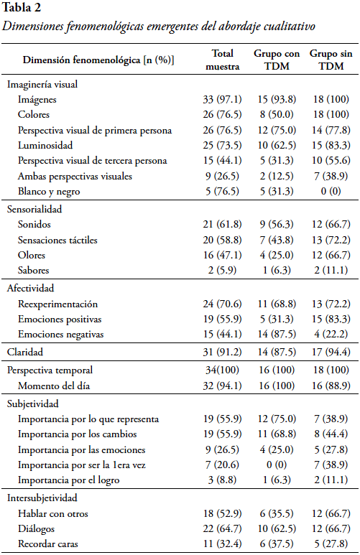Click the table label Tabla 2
click(22, 7)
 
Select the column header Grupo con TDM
click(277, 60)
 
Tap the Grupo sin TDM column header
click(331, 60)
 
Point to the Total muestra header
click(223, 60)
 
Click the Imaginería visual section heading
click(42, 84)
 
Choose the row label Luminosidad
click(45, 145)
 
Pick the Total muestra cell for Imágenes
click(222, 99)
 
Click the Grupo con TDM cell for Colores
click(277, 114)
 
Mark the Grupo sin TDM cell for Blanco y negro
click(331, 191)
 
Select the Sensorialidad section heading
click(34, 209)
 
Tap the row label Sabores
click(33, 270)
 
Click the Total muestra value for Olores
click(222, 255)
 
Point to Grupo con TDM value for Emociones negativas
click(277, 334)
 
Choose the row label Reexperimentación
click(57, 304)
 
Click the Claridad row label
click(25, 352)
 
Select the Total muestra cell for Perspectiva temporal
click(222, 370)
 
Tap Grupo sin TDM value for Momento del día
click(331, 386)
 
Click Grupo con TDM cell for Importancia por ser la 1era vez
click(277, 465)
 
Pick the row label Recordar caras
click(48, 544)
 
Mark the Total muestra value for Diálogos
click(222, 528)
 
